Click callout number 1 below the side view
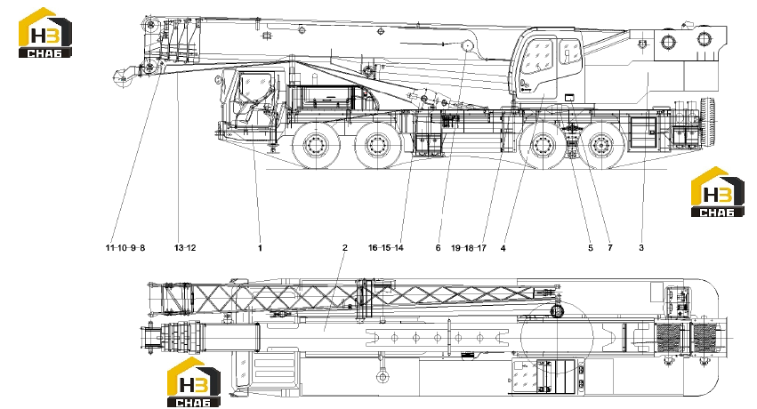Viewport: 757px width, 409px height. (261, 248)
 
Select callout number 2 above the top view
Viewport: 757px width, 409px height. (345, 247)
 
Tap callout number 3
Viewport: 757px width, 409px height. (641, 248)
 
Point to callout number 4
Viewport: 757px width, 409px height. (503, 248)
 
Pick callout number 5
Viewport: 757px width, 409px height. (591, 248)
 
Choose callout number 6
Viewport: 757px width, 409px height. (438, 248)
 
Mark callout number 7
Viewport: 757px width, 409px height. (610, 248)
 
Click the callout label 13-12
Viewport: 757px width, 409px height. (185, 248)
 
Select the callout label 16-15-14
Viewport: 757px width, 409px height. (386, 248)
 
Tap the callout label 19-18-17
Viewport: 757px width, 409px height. (469, 248)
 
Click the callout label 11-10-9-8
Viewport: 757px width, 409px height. (125, 248)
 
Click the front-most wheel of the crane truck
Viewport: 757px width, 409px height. (315, 144)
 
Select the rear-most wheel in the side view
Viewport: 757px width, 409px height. (600, 144)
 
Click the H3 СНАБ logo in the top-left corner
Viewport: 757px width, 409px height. (44, 33)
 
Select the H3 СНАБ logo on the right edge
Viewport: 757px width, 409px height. (717, 192)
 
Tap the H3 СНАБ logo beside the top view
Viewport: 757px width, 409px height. (194, 382)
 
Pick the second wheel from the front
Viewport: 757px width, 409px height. (378, 144)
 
